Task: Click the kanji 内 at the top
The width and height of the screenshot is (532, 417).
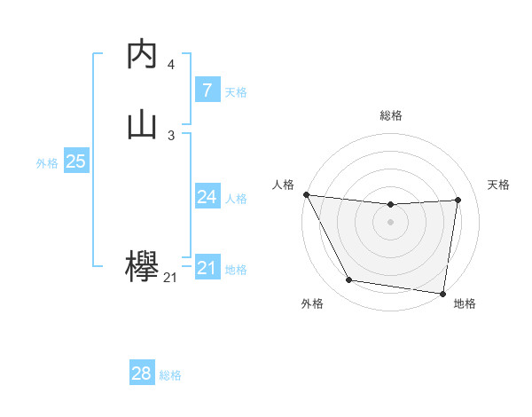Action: [x=143, y=54]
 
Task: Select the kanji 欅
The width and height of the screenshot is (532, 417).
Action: [x=143, y=267]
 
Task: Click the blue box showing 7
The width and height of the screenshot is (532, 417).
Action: [x=207, y=90]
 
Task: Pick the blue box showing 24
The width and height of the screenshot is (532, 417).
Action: [x=207, y=197]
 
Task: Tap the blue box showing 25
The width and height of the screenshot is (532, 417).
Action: [x=75, y=161]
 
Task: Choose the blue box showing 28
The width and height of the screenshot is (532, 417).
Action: [x=142, y=374]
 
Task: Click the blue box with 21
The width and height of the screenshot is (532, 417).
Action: [x=207, y=268]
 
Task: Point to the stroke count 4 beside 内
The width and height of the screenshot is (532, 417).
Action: [x=171, y=65]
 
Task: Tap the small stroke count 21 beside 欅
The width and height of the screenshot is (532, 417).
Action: [x=170, y=279]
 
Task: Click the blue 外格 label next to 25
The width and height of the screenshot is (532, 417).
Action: [x=47, y=163]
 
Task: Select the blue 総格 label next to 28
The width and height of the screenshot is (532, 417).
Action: [x=170, y=375]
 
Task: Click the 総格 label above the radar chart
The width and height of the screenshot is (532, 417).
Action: [x=391, y=115]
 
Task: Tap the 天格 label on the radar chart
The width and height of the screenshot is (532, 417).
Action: [x=499, y=185]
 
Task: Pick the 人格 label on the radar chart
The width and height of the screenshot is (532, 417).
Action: [x=283, y=185]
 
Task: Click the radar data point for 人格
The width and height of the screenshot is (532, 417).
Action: [x=306, y=194]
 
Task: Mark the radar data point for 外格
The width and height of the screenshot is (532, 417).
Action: [x=349, y=280]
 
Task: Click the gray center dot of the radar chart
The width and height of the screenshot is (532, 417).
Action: [x=391, y=222]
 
